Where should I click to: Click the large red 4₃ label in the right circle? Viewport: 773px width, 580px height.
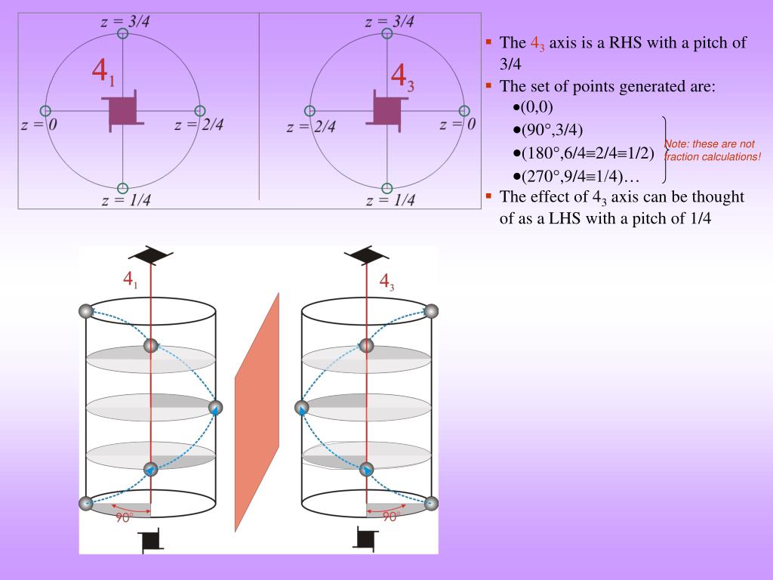point(402,77)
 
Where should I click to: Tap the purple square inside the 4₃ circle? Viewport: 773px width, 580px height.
point(387,106)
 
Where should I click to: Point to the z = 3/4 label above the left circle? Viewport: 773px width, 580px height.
point(125,22)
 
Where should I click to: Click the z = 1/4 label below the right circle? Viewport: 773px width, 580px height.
point(390,201)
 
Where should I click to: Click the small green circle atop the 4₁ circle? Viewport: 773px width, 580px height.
point(123,33)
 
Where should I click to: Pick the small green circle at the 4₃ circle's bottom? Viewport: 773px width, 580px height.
point(387,188)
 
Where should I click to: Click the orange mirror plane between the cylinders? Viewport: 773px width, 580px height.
point(257,412)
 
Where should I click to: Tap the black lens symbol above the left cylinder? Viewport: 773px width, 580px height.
point(151,255)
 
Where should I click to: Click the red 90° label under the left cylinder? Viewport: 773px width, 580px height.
point(125,518)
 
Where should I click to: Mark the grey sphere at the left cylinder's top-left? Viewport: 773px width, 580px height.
point(86,311)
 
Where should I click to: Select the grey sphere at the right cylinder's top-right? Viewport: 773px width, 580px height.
point(432,311)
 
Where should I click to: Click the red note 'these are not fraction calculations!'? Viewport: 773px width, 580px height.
point(711,150)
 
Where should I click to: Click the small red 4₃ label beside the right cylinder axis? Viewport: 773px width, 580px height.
point(386,282)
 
